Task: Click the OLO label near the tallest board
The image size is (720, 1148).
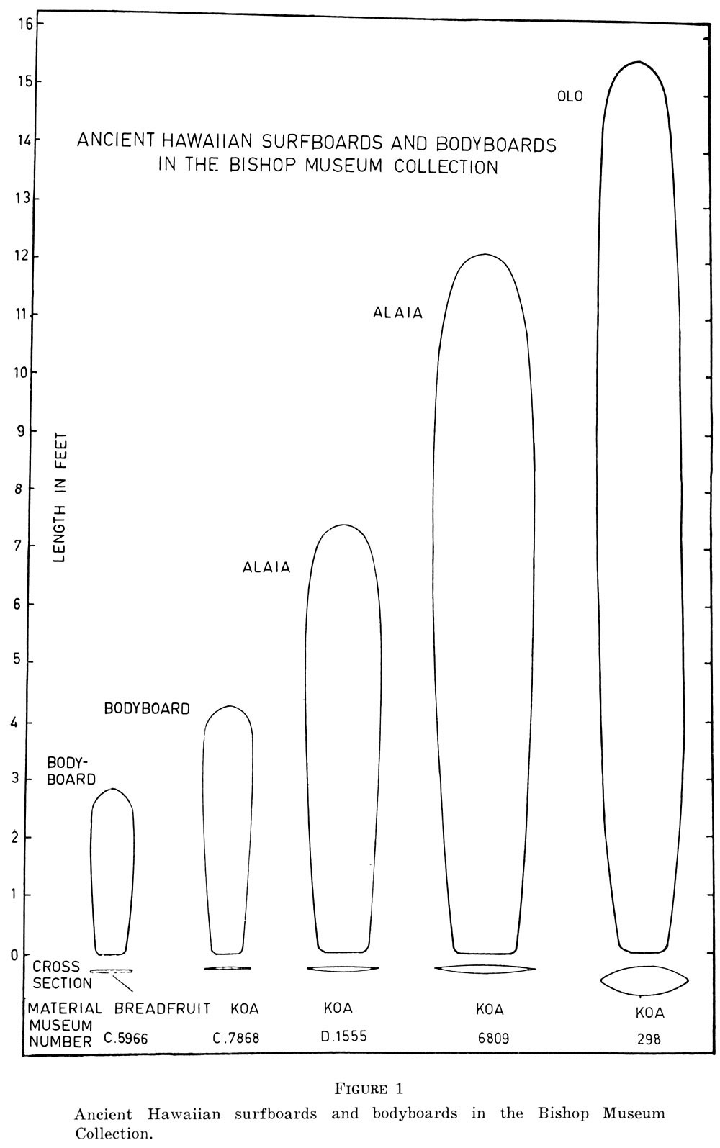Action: (x=570, y=96)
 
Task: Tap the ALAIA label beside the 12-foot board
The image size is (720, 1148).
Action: (x=397, y=313)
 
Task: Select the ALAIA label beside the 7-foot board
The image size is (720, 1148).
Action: (x=266, y=567)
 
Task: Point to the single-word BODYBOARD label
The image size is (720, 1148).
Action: (x=147, y=709)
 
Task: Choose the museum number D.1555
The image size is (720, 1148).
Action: (x=343, y=1037)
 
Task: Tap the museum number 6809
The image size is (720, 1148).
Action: (x=492, y=1039)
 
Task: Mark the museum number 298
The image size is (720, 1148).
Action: (x=649, y=1039)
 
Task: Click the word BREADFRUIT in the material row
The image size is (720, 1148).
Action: (x=162, y=1008)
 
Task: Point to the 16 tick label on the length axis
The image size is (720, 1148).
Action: (x=26, y=23)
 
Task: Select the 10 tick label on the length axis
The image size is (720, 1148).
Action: (x=26, y=373)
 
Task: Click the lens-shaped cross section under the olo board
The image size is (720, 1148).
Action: (x=644, y=980)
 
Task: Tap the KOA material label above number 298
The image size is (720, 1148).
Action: (x=649, y=1013)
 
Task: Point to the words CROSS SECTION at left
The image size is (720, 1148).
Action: (x=61, y=975)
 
